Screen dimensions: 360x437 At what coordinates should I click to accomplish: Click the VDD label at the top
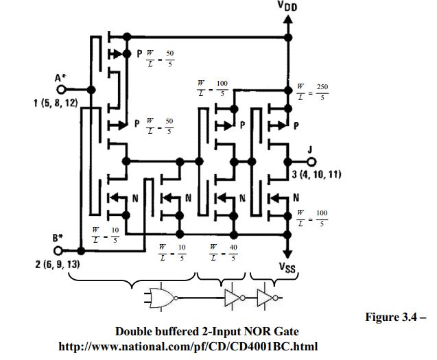point(287,8)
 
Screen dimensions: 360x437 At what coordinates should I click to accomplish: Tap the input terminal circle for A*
point(61,90)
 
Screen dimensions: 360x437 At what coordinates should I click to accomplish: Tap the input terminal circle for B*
point(61,250)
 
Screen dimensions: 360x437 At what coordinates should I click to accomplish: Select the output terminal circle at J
point(311,162)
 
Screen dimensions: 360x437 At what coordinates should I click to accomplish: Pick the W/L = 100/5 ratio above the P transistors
point(214,88)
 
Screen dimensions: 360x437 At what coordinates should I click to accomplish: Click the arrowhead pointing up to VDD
point(287,21)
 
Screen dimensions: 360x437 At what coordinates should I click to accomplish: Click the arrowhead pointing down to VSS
point(287,251)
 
